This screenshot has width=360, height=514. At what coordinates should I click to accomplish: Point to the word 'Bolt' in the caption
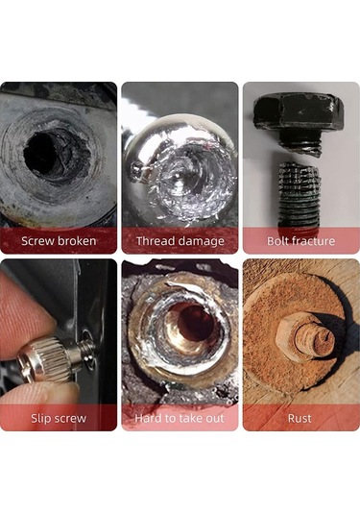pos(277,241)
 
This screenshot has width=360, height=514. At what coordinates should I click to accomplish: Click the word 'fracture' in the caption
pos(313,241)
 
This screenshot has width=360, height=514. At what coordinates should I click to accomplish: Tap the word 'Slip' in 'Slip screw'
pos(38,419)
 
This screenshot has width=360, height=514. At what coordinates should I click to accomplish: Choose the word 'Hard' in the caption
pos(147,418)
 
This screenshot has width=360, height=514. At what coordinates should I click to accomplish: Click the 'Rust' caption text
pos(300,418)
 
